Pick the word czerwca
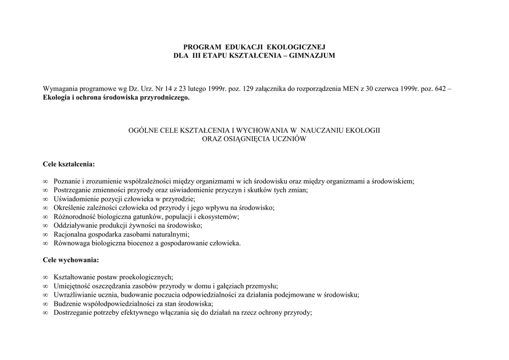click(387, 89)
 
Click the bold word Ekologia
click(57, 98)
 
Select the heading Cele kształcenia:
click(69, 164)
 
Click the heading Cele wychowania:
click(71, 260)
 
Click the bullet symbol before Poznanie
click(45, 181)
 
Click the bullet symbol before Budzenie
click(45, 304)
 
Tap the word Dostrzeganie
click(73, 313)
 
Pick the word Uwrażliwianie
click(75, 295)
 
